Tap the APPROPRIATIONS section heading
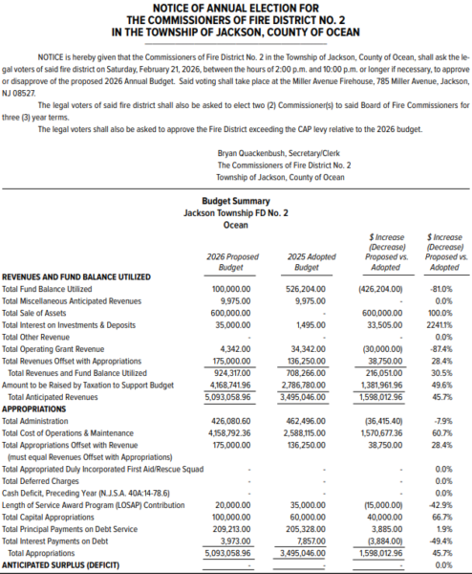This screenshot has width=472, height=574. click(x=34, y=407)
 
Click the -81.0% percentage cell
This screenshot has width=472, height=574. click(x=440, y=288)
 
